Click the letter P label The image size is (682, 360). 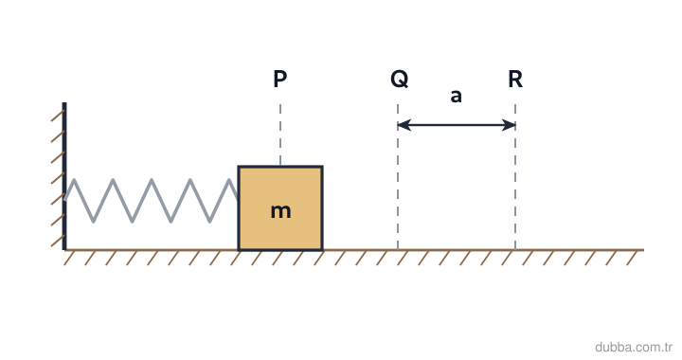coord(280,79)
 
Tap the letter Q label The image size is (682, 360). coord(400,80)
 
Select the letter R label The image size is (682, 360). coord(515,80)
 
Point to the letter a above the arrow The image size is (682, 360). coord(456,96)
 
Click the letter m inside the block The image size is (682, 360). coord(280,211)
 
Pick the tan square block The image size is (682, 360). coord(280,208)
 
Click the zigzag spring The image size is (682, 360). coord(152,201)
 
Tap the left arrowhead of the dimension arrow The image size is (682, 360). coord(404,125)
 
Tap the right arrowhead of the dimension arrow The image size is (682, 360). coord(509,125)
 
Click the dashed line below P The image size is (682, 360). coord(280,135)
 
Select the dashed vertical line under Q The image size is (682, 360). coord(398,177)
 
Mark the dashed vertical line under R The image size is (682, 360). coord(515,177)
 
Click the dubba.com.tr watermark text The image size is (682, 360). coord(634,348)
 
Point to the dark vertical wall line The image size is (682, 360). coord(64,176)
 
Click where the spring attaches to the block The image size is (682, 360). coord(239,199)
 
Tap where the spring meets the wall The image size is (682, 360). coord(65,199)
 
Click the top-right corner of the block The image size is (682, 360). coord(323,166)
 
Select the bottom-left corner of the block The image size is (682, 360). coord(239,250)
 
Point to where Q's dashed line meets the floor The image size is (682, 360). coord(398,249)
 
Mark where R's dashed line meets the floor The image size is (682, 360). coord(515,249)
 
